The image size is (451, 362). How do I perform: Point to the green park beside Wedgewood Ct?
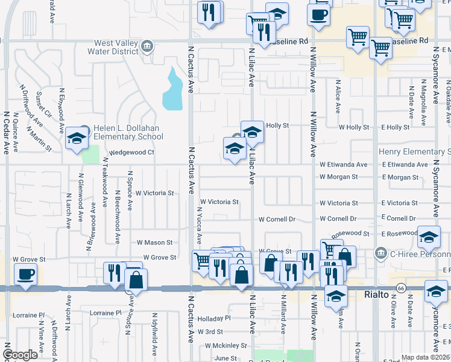(x=90, y=154)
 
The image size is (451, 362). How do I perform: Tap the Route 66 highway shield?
(x=400, y=288)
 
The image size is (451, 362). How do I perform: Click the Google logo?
(x=20, y=355)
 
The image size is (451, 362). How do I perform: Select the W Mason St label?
(x=154, y=243)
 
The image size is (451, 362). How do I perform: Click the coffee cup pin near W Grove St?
(x=25, y=275)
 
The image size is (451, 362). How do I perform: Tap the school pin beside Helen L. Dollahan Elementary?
(x=77, y=139)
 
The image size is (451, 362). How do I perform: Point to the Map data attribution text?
(x=426, y=357)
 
